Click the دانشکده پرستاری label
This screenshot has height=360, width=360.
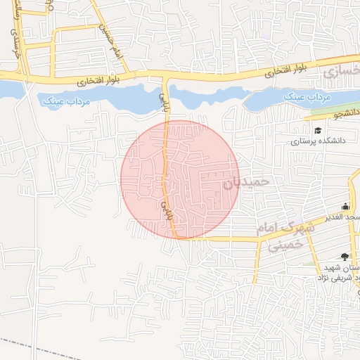pyautogui.click(x=316, y=141)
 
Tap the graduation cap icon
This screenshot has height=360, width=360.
pyautogui.click(x=318, y=130)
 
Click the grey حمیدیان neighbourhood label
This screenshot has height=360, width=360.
pyautogui.click(x=247, y=182)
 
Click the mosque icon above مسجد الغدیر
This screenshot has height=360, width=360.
pyautogui.click(x=345, y=207)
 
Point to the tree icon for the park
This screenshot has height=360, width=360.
pyautogui.click(x=344, y=257)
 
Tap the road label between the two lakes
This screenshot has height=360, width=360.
pyautogui.click(x=165, y=101)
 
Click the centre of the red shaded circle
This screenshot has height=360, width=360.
pyautogui.click(x=180, y=179)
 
